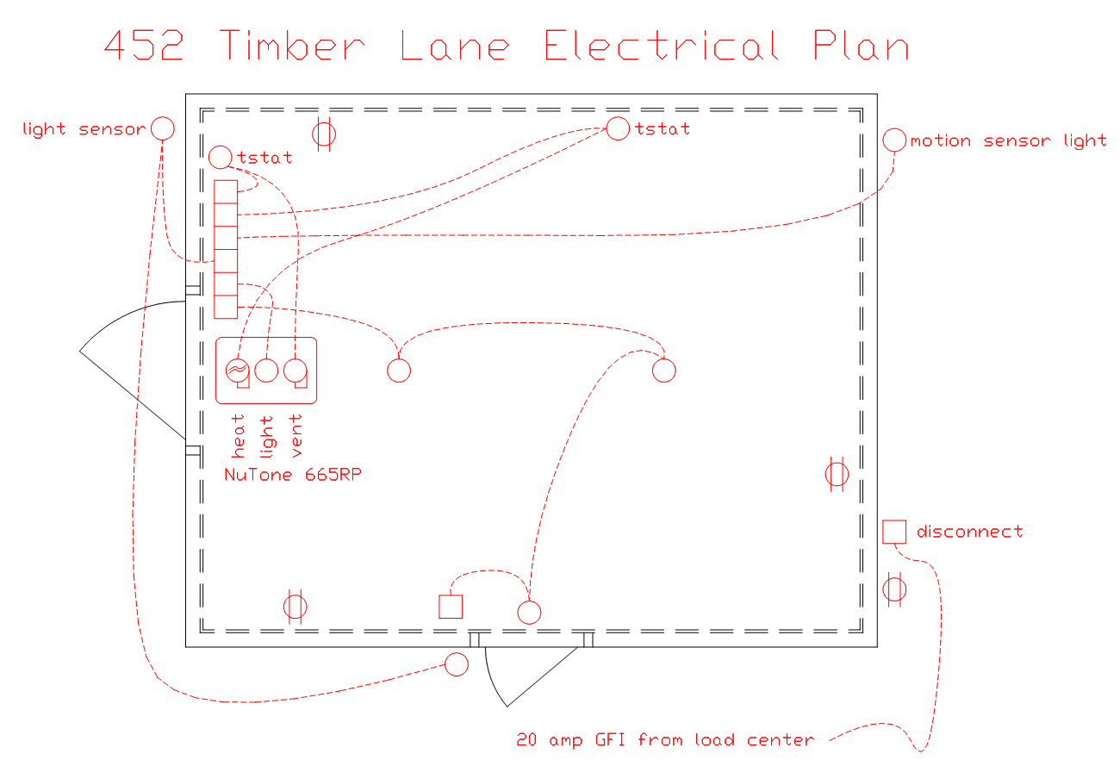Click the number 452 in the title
click(x=144, y=45)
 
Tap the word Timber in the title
click(x=293, y=45)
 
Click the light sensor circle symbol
click(x=163, y=129)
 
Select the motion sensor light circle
click(x=894, y=140)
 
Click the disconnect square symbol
click(x=894, y=532)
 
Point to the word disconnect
click(x=970, y=532)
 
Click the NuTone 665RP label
click(x=293, y=475)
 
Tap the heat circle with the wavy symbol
click(x=238, y=371)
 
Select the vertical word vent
click(x=296, y=435)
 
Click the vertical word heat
click(x=238, y=435)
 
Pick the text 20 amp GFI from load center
click(x=665, y=740)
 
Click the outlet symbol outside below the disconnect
click(x=894, y=589)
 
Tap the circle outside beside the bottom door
click(x=457, y=664)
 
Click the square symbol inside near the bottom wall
click(x=451, y=607)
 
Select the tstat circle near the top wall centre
click(x=618, y=128)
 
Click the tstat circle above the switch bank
click(x=221, y=158)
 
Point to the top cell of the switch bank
click(x=226, y=192)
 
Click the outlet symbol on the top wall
click(x=324, y=134)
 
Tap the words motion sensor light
click(x=1009, y=141)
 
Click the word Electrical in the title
click(x=662, y=45)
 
